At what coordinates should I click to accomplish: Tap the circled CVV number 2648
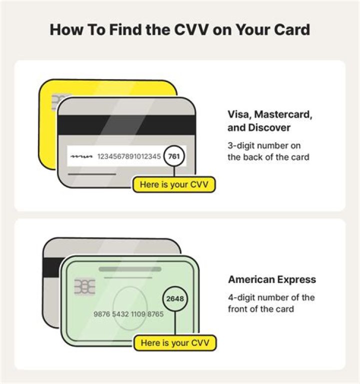[174, 299]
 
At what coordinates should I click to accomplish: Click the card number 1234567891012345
[129, 157]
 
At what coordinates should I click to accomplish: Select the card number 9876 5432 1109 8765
[128, 314]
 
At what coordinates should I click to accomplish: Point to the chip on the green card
[82, 287]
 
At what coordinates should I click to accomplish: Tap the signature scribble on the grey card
[82, 157]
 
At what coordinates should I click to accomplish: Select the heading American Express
[272, 279]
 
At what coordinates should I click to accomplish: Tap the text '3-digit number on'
[263, 145]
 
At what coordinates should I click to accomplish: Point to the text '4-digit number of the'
[271, 297]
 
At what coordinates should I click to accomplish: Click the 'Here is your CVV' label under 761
[174, 185]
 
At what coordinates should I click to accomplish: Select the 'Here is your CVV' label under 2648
[174, 343]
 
